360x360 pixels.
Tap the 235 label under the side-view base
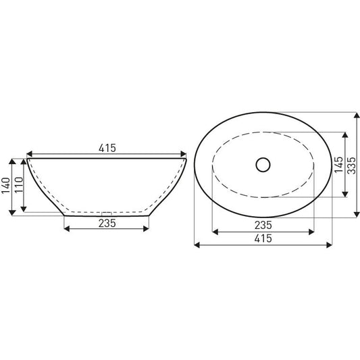(x=106, y=222)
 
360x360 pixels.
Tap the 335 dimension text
(x=351, y=164)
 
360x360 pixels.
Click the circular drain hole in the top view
(x=263, y=163)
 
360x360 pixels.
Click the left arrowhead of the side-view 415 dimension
(x=29, y=153)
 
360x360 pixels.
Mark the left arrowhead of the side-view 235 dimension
(x=66, y=229)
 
